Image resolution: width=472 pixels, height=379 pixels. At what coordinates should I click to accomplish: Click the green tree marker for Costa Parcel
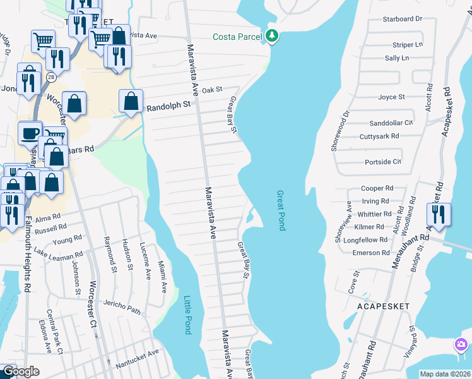coord(272,35)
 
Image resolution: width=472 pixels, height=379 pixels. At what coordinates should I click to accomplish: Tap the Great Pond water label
coord(281,210)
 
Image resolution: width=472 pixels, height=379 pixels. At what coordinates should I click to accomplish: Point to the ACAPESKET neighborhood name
coord(383,306)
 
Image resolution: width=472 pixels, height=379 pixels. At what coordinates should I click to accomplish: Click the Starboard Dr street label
coord(402,19)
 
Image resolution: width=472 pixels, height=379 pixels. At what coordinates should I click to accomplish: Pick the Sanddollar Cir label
coord(391,123)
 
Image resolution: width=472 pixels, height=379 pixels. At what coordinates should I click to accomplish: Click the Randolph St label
coord(168,108)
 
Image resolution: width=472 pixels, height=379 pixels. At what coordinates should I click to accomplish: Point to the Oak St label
coord(213,90)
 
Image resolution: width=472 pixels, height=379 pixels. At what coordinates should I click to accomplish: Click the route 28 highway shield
coord(49,76)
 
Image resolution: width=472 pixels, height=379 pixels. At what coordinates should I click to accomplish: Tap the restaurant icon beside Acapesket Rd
coord(438,214)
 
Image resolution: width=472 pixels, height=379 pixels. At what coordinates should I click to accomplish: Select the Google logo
coord(20,371)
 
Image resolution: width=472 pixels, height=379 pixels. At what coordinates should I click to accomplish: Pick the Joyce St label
coord(391,97)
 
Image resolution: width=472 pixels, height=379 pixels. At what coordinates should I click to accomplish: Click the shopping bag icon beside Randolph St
coord(131,100)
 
